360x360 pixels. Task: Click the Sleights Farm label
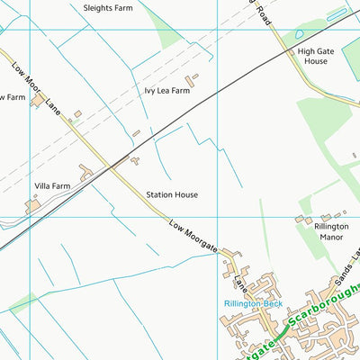click(x=109, y=7)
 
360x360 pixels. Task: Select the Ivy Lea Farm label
click(x=166, y=91)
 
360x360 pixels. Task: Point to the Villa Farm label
click(x=52, y=186)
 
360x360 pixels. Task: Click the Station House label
click(x=172, y=194)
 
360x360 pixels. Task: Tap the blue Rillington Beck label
click(x=253, y=304)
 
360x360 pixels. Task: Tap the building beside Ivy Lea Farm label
click(x=193, y=81)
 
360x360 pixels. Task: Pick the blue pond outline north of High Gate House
click(x=337, y=13)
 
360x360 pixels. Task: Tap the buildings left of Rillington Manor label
click(x=304, y=219)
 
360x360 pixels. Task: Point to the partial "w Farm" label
click(x=12, y=97)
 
